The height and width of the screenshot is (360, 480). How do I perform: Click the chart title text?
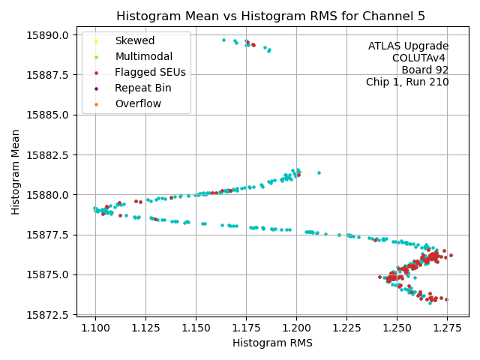point(272,16)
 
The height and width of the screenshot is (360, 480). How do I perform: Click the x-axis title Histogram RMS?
point(272,343)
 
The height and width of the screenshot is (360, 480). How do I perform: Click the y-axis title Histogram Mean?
point(16,172)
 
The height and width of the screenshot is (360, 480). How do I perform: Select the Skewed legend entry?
point(134,40)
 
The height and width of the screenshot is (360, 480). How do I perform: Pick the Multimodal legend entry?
point(143,56)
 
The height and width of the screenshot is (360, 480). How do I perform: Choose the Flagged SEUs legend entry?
point(150,72)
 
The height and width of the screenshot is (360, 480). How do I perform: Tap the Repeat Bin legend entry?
point(142,88)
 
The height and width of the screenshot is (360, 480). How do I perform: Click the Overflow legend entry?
point(138,103)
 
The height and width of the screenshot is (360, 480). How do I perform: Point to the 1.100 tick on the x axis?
point(95,328)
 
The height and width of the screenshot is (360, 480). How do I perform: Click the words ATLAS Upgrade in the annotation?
point(408,46)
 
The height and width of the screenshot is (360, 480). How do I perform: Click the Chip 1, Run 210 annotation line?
point(407,82)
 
